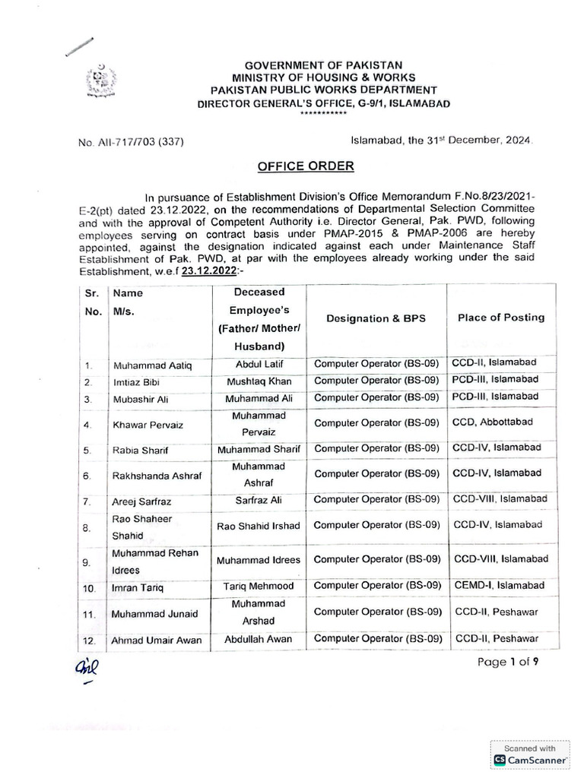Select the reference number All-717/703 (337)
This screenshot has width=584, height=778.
130,142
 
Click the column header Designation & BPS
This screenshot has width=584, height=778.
377,319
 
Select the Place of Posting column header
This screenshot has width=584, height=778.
500,318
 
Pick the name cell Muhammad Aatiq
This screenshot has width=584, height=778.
152,366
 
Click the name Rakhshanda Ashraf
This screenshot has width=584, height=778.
156,476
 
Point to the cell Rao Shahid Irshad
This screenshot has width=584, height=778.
259,526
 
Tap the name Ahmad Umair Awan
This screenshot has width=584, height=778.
157,640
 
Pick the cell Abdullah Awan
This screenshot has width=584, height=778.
259,640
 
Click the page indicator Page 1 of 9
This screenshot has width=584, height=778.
509,662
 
